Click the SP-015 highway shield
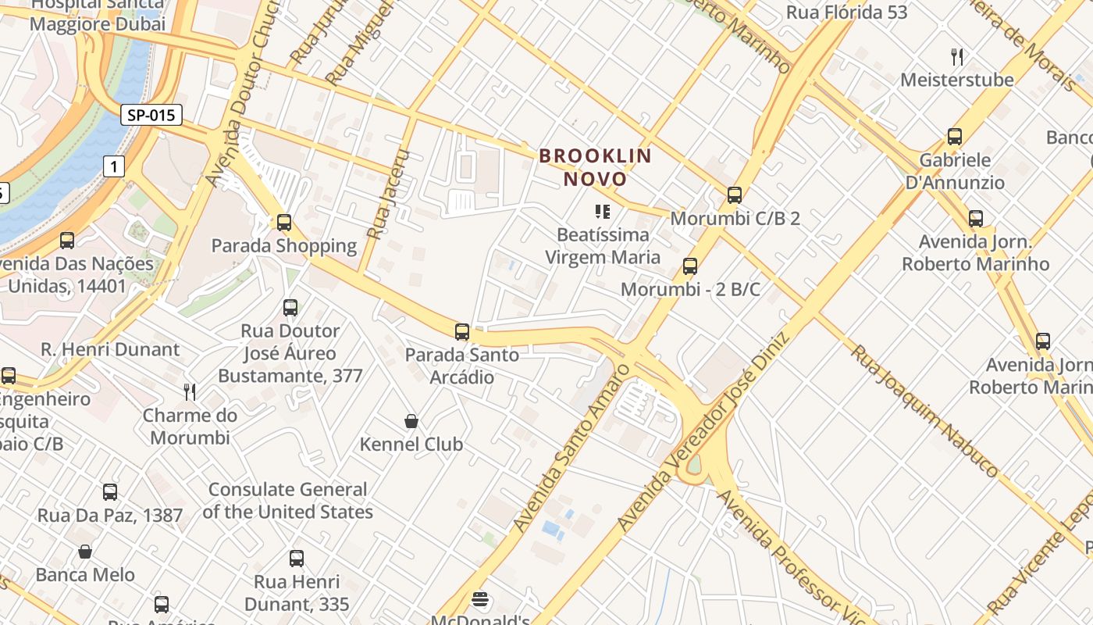[x=151, y=116]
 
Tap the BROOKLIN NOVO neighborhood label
[x=595, y=167]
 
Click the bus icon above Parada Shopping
[x=284, y=223]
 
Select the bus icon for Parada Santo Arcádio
[x=462, y=332]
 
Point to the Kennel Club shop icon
[x=411, y=422]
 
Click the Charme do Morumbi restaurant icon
[x=190, y=391]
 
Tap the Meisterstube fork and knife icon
[x=957, y=56]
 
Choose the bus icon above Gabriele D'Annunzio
[x=954, y=137]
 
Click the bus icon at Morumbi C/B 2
[x=734, y=195]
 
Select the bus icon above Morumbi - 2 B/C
[x=690, y=266]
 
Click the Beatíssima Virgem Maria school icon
[x=602, y=211]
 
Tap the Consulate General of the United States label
[x=287, y=501]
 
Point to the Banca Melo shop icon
[x=85, y=552]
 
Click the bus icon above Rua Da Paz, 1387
[x=110, y=492]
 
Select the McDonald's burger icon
[x=481, y=599]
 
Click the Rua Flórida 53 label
[x=846, y=12]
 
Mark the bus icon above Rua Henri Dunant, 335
[x=297, y=559]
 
